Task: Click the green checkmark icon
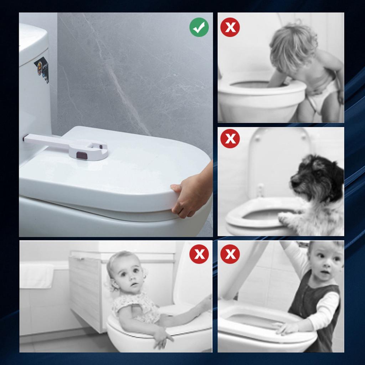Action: click(x=199, y=27)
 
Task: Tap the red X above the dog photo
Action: click(x=230, y=139)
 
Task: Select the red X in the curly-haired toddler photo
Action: click(x=230, y=27)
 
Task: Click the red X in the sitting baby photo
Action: click(x=199, y=254)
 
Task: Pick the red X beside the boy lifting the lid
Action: click(x=230, y=254)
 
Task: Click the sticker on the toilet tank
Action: click(x=42, y=69)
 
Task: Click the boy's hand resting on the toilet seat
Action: click(x=285, y=327)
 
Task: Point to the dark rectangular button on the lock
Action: click(x=82, y=155)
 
